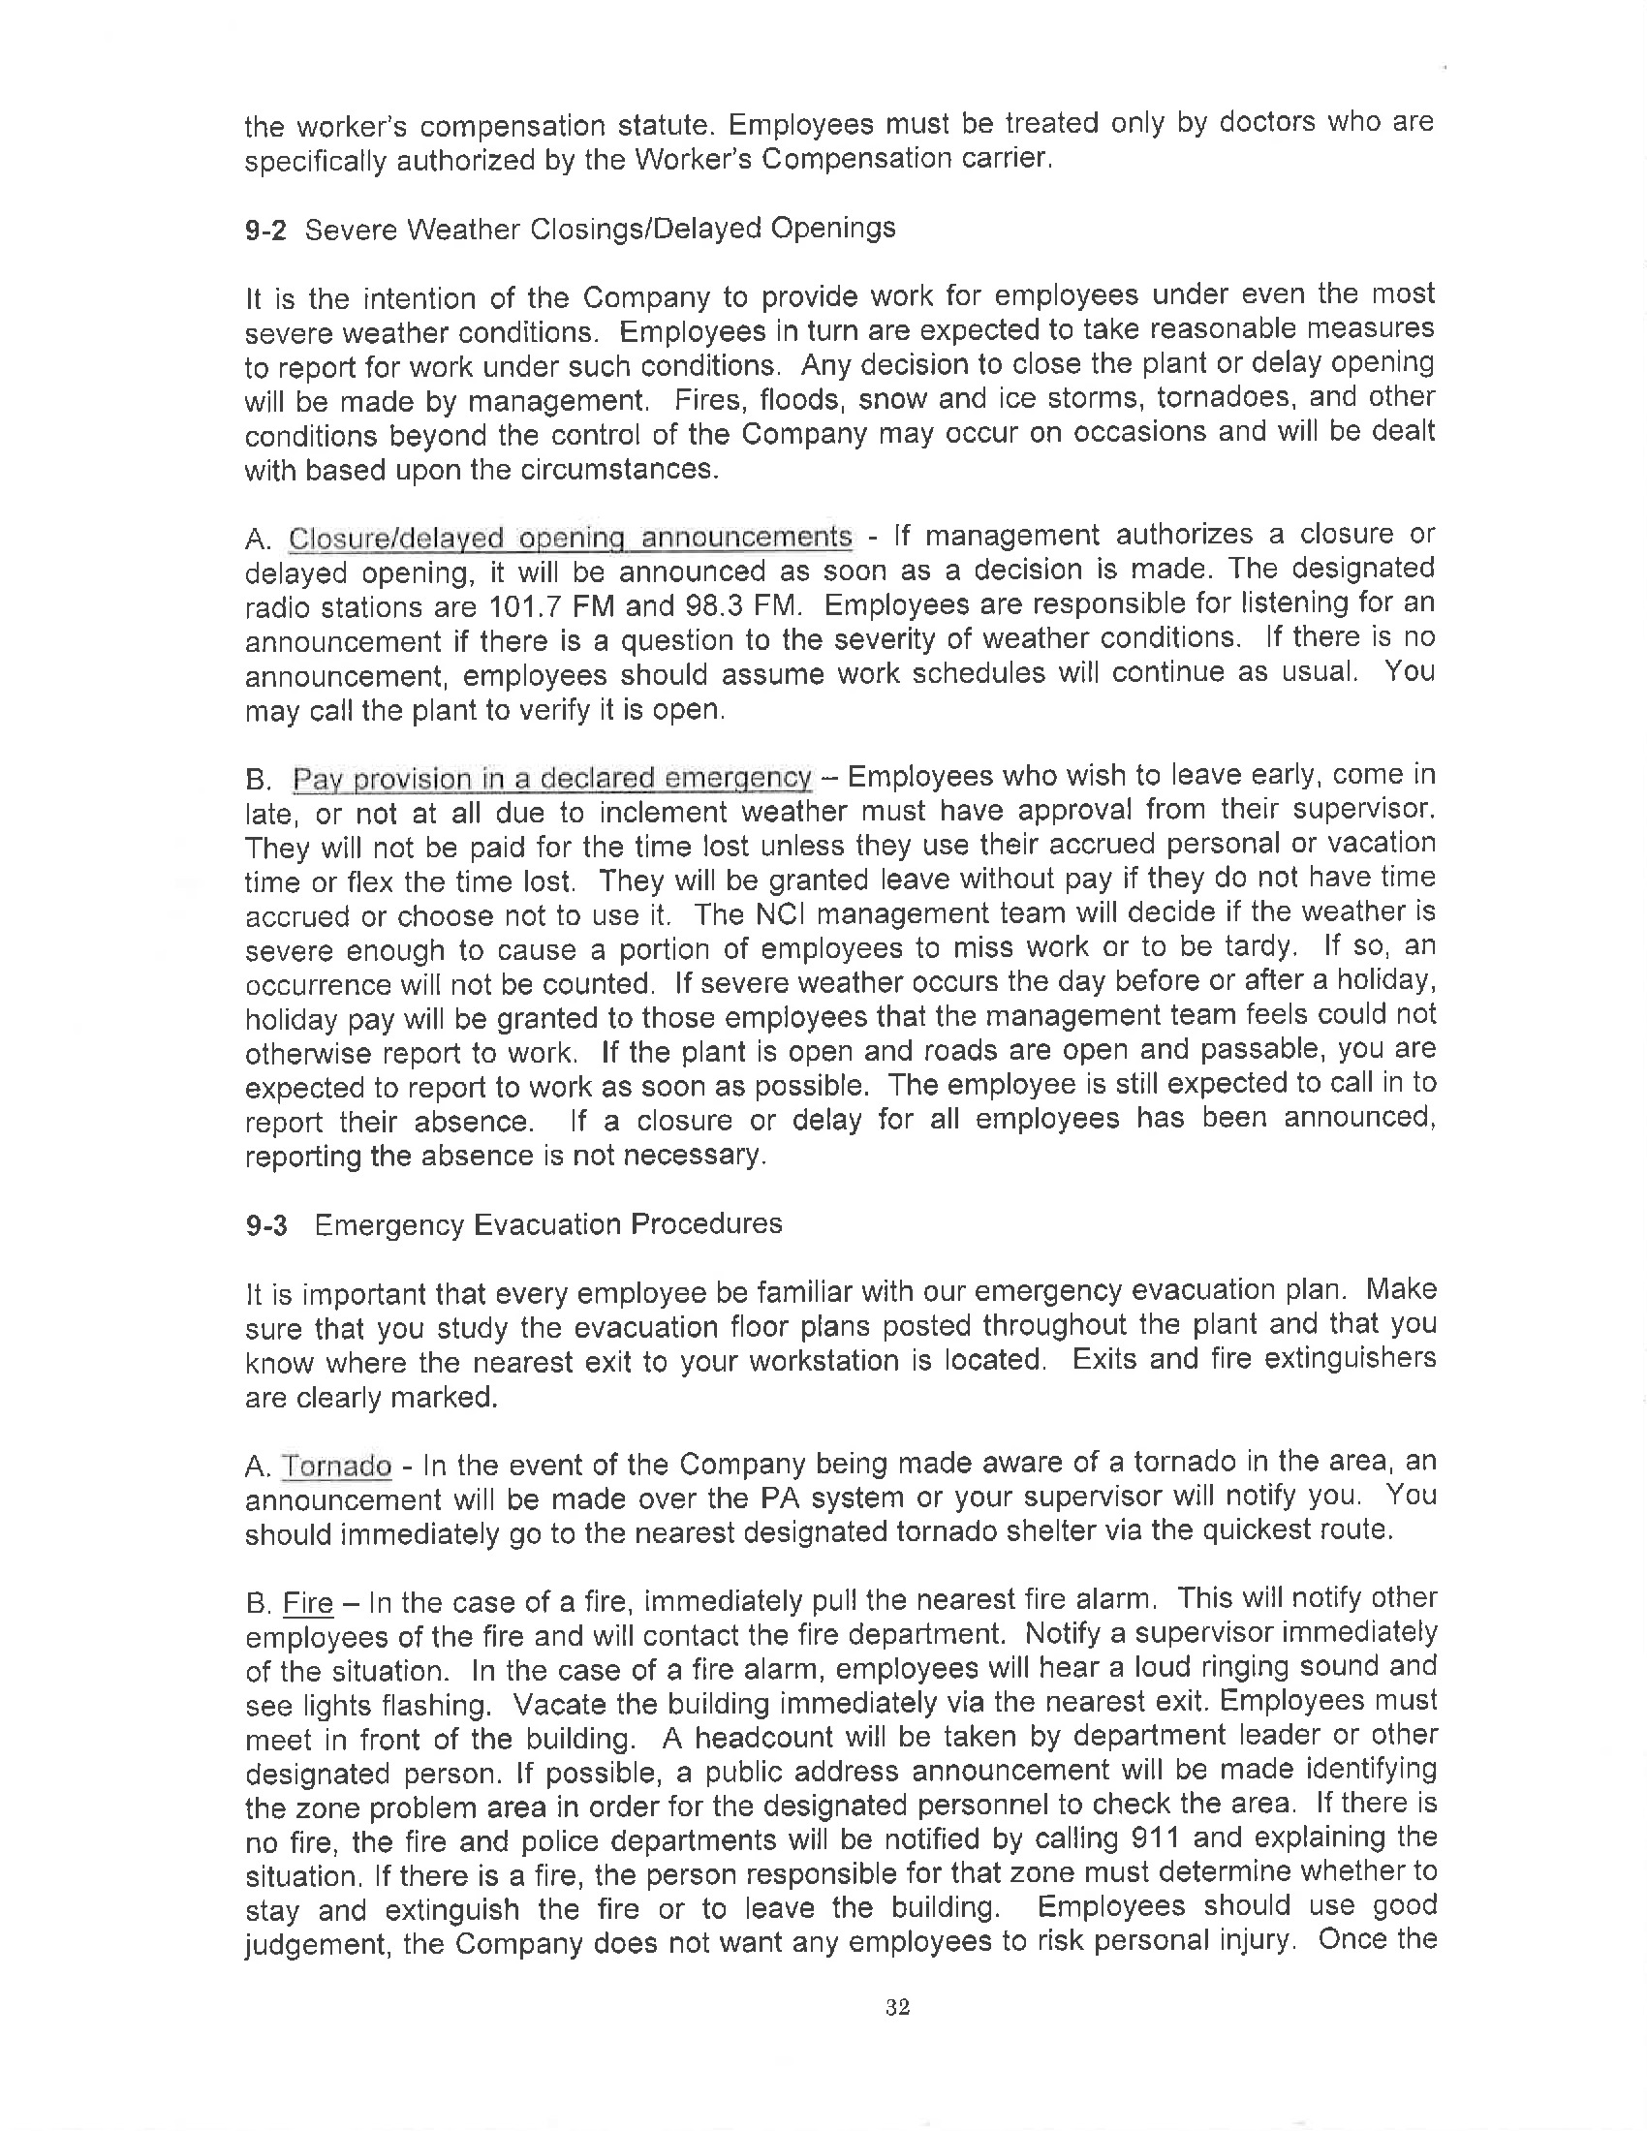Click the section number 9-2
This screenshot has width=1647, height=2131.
coord(265,231)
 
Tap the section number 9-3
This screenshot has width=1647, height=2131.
coord(265,1225)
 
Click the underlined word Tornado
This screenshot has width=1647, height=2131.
coord(336,1467)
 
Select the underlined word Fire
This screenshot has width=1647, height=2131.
coord(307,1603)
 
